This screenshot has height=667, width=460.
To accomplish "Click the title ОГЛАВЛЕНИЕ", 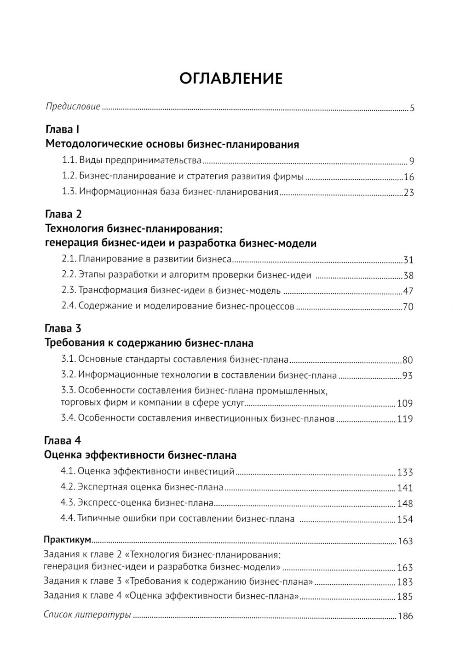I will pos(230,78).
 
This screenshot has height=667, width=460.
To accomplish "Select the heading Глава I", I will pos(63,129).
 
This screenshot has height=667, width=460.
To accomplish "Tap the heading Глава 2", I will pos(63,214).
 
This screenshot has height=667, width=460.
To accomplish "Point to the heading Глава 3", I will pos(63,328).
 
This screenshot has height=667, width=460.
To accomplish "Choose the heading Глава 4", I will pos(63,440).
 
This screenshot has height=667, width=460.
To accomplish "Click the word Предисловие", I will pos(73,107).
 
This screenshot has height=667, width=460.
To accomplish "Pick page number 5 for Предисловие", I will pos(412,108).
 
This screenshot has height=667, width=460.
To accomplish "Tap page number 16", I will pos(408,177).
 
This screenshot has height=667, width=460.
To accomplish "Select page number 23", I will pos(408,193).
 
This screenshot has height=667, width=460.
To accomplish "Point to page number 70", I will pos(408,307).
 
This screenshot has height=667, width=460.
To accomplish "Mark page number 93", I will pos(408,376).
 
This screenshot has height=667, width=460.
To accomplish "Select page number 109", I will pos(405,404).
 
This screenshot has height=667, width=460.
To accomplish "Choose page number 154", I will pos(405,519).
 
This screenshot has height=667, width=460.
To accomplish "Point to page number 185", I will pos(405,597).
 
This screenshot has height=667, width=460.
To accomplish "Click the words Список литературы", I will pos(87,615).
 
